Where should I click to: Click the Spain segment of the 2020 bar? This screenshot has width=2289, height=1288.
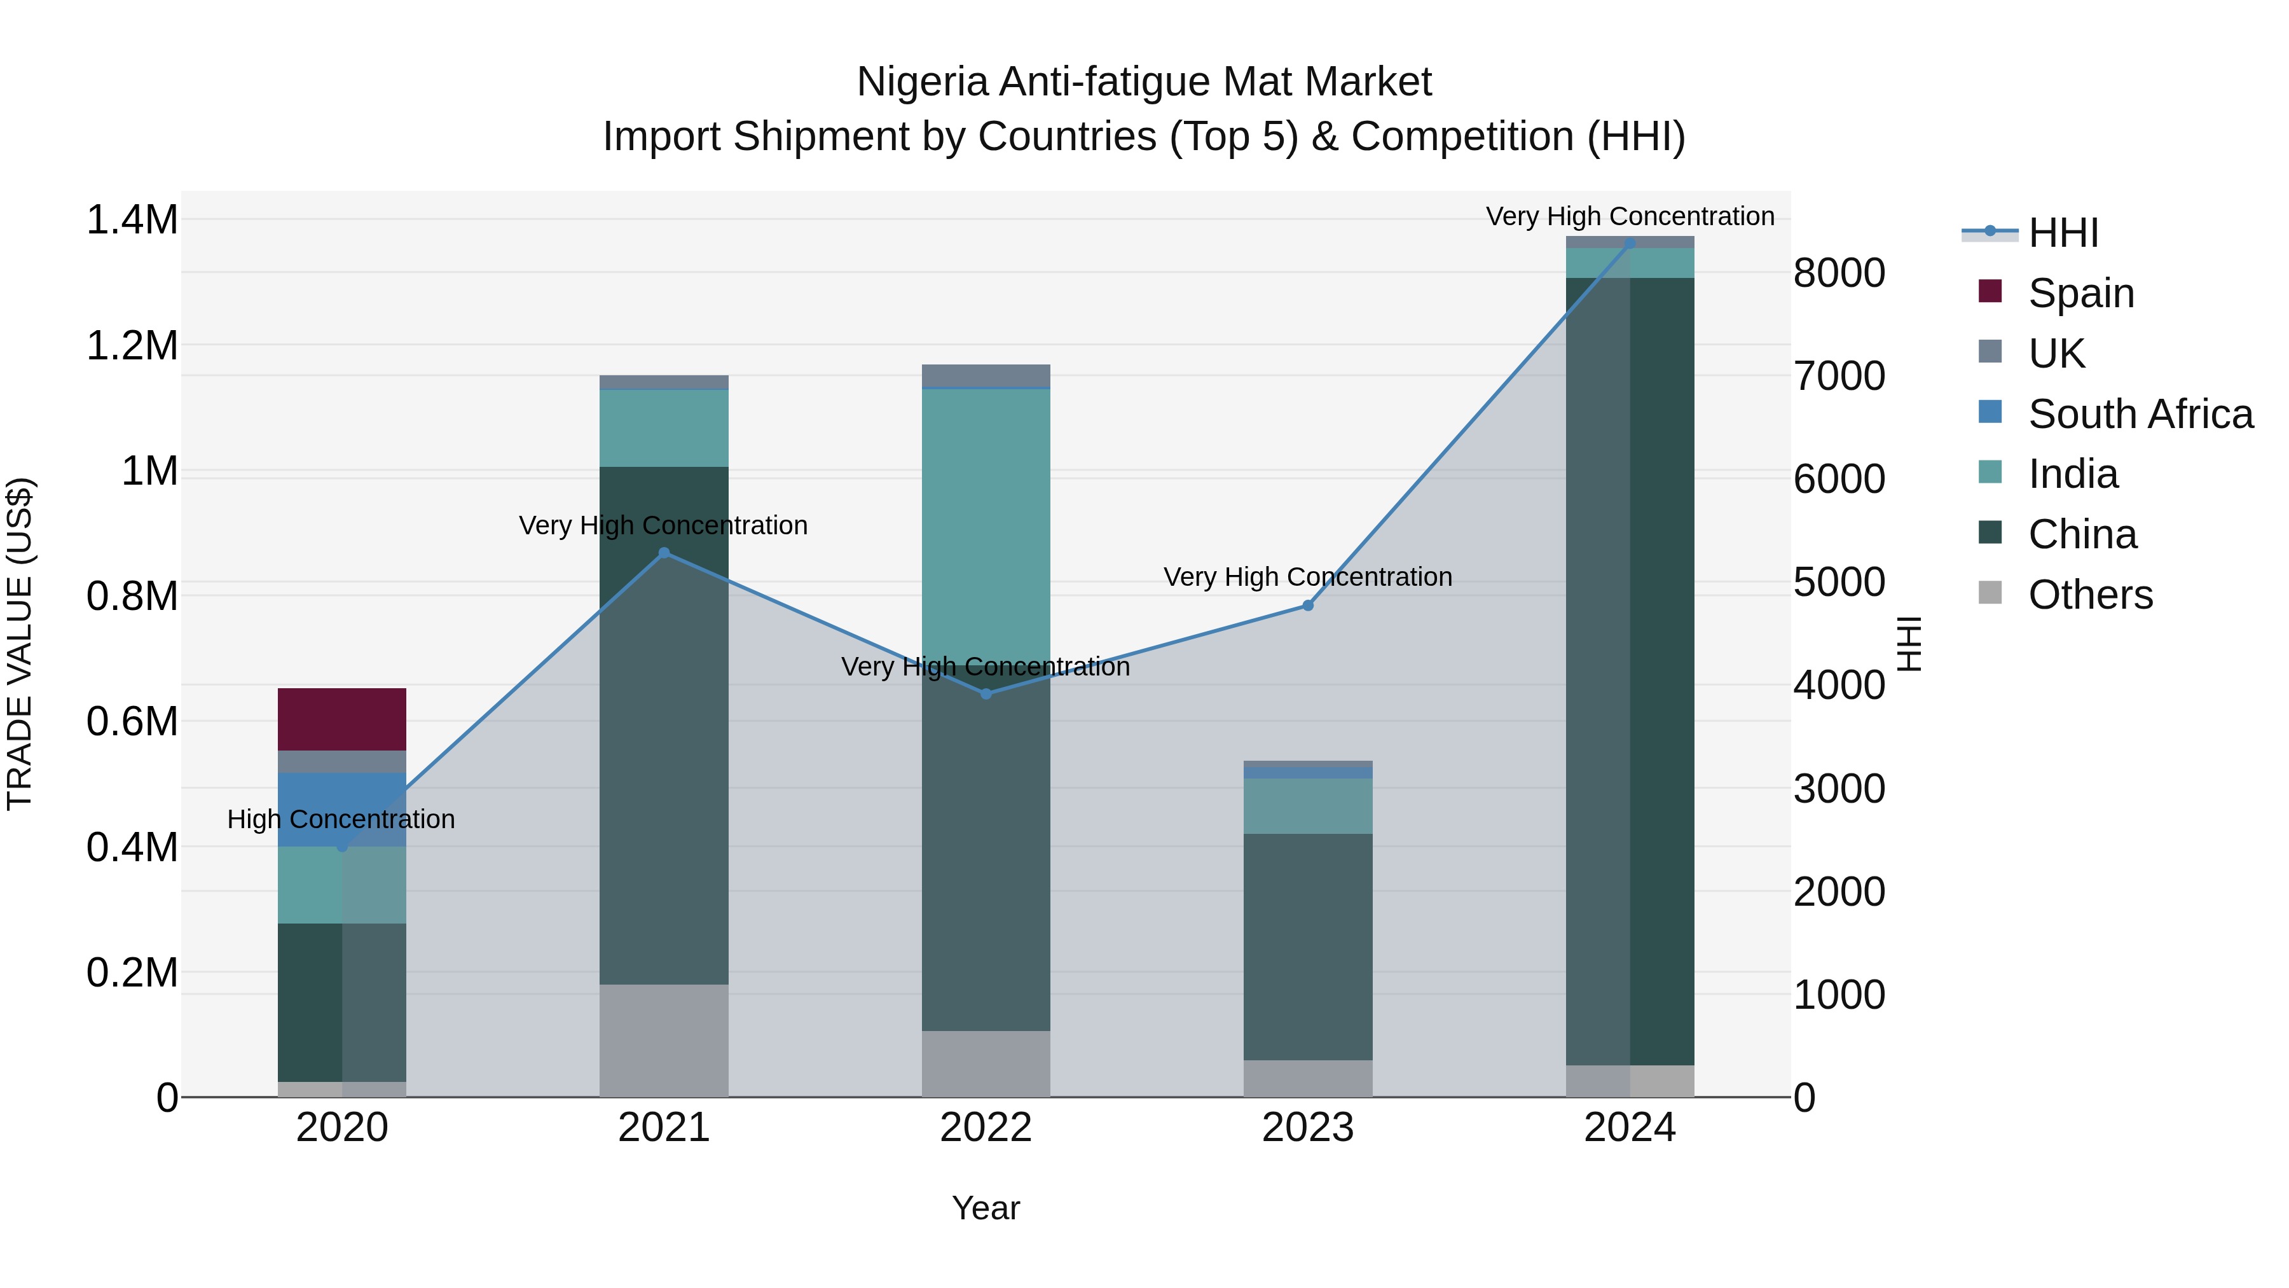tap(342, 719)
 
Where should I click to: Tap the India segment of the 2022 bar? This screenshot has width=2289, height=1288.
tap(986, 525)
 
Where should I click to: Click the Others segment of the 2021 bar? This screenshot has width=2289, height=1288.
tap(664, 1040)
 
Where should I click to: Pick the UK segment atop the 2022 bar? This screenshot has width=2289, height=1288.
tap(986, 376)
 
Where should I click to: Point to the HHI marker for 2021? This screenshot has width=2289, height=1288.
tap(664, 553)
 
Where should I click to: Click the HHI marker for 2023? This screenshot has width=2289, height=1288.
tap(1307, 606)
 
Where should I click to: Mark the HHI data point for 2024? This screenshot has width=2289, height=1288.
tap(1630, 244)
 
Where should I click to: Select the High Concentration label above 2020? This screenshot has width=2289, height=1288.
tap(341, 819)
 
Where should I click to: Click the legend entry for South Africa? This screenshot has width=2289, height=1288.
tap(2140, 414)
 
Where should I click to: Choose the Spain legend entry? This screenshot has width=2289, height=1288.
tap(2081, 293)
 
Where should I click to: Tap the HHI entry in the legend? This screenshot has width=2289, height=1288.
tap(2063, 233)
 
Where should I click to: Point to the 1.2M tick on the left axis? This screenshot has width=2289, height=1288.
tap(132, 346)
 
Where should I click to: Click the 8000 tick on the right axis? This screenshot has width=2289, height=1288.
tap(1838, 273)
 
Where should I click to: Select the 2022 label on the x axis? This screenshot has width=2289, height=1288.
tap(986, 1128)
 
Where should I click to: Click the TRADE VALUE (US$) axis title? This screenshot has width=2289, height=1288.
tap(20, 644)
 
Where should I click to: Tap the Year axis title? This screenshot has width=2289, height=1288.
tap(986, 1208)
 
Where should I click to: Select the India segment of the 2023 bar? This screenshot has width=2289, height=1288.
tap(1307, 805)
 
